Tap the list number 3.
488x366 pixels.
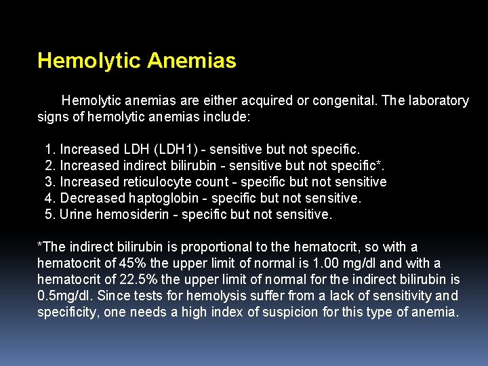tap(49, 182)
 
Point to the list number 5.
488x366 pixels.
tap(49, 215)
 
